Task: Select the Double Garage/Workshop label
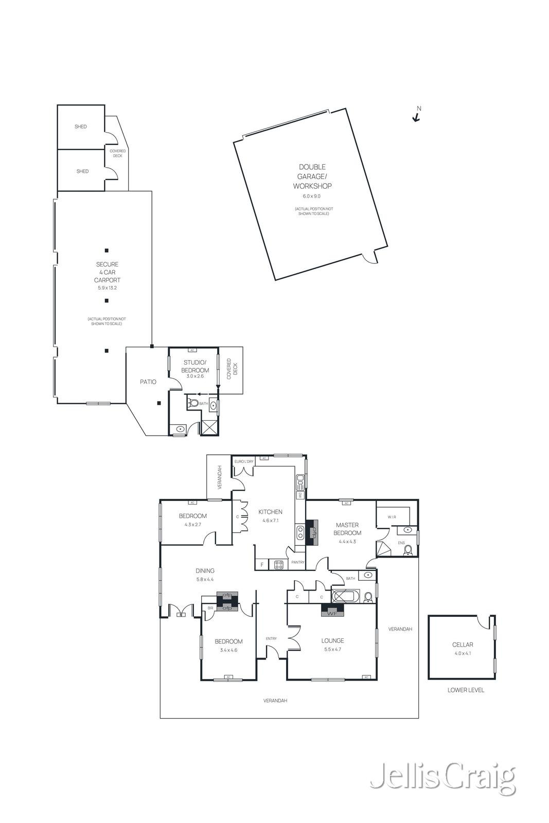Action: point(312,176)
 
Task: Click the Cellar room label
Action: point(463,645)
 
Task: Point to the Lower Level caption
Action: point(466,690)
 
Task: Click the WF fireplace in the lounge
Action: point(332,611)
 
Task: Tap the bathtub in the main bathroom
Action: point(346,597)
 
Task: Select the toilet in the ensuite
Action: point(408,550)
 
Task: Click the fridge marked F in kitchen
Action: point(262,565)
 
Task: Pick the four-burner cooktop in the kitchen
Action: point(278,565)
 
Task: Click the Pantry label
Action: point(298,562)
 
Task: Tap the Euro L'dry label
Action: point(244,461)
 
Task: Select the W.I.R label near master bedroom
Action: point(392,517)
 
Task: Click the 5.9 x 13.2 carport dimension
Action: point(107,288)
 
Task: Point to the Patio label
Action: point(148,382)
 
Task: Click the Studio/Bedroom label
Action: point(196,366)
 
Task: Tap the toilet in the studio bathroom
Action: point(193,403)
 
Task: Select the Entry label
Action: point(271,639)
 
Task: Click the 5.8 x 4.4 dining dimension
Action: point(205,579)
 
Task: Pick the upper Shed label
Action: point(81,127)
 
